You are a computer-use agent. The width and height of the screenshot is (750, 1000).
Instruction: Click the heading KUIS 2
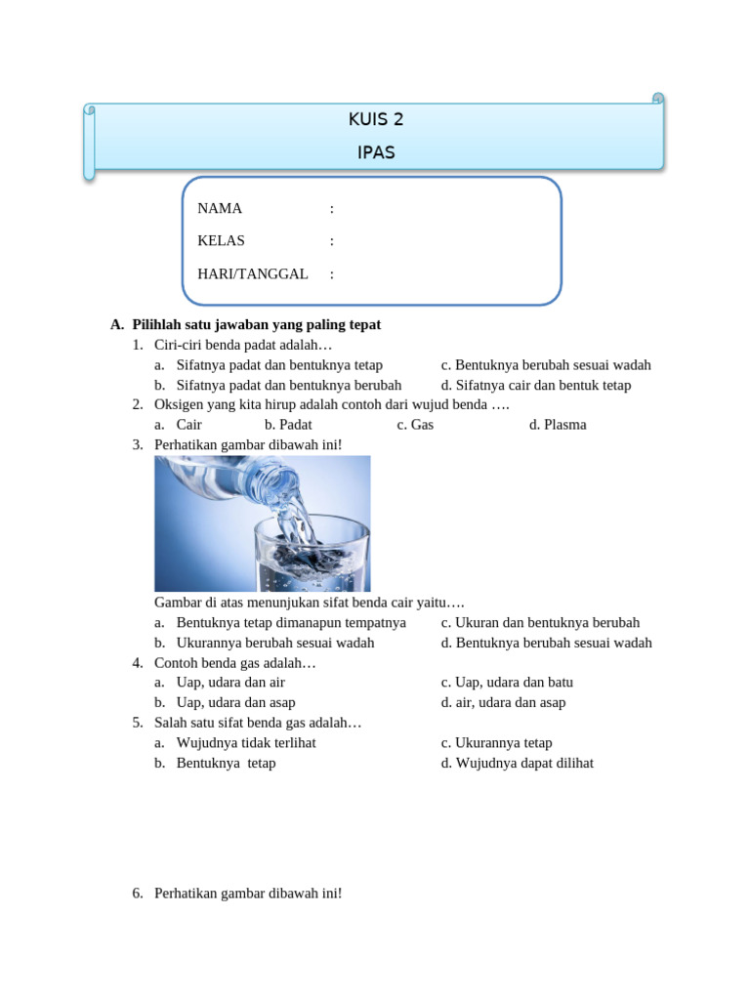coord(376,120)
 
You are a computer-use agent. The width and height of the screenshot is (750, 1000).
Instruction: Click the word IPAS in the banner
coord(376,152)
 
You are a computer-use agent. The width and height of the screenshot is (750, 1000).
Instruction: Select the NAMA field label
coord(220,208)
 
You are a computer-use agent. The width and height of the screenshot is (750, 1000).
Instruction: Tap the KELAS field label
coord(222,240)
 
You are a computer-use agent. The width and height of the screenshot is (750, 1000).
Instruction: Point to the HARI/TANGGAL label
coord(253,273)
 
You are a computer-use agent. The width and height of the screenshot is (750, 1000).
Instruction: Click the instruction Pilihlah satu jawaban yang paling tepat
coord(256,324)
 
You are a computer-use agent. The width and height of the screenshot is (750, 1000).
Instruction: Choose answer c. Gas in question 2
coord(415,425)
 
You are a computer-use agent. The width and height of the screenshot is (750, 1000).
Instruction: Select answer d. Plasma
coord(558,425)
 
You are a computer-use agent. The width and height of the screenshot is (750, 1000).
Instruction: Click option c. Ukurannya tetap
coord(496,742)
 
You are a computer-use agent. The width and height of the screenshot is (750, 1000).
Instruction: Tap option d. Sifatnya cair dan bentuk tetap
coord(536,385)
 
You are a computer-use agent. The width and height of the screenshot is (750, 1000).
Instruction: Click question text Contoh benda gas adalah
coord(235,662)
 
